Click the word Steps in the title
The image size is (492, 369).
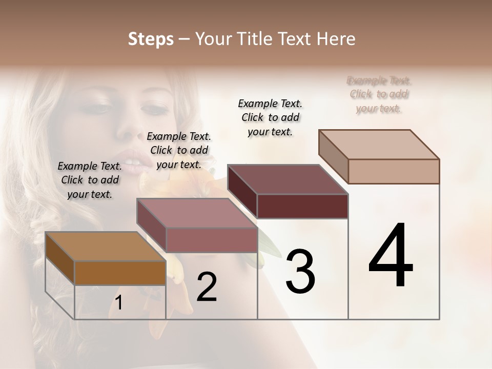pyautogui.click(x=151, y=39)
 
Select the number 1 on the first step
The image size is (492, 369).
pyautogui.click(x=119, y=303)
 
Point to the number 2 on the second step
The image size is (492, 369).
pyautogui.click(x=207, y=287)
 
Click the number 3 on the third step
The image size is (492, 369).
pyautogui.click(x=300, y=272)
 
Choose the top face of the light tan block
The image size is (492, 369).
pyautogui.click(x=379, y=145)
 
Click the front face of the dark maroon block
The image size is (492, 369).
pyautogui.click(x=302, y=206)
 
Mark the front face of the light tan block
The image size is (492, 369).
pyautogui.click(x=394, y=171)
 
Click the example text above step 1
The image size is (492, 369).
pyautogui.click(x=90, y=180)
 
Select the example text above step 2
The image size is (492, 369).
pyautogui.click(x=179, y=150)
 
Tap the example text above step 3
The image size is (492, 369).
pyautogui.click(x=270, y=117)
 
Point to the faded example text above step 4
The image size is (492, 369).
pyautogui.click(x=379, y=94)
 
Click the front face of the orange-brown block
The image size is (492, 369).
pyautogui.click(x=120, y=273)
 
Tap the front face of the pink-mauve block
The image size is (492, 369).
pyautogui.click(x=211, y=240)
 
